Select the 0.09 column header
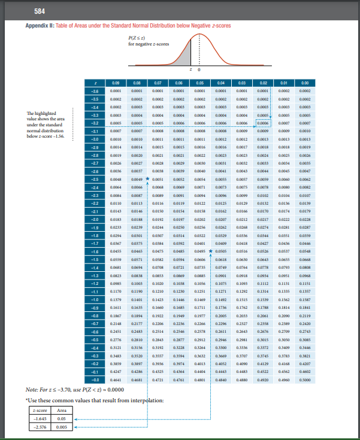(x=115, y=82)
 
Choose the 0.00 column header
(x=305, y=82)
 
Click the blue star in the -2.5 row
(x=147, y=178)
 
